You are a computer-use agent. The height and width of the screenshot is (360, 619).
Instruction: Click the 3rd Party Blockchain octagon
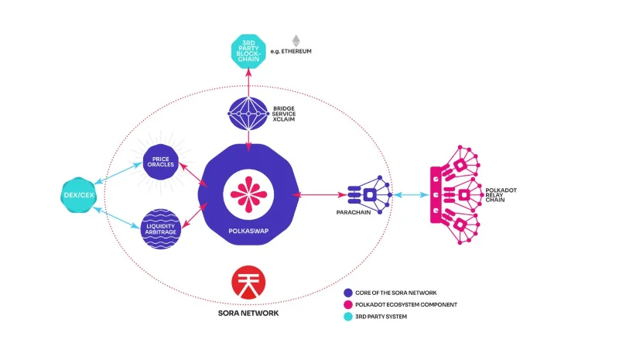[248, 51]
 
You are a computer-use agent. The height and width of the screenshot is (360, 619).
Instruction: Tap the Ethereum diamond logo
[296, 41]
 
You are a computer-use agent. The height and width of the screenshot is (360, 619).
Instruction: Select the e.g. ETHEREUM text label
[291, 51]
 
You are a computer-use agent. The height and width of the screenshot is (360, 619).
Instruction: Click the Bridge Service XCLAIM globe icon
[248, 114]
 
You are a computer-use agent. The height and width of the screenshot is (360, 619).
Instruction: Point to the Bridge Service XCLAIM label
[284, 114]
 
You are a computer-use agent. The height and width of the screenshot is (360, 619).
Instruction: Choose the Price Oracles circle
[161, 162]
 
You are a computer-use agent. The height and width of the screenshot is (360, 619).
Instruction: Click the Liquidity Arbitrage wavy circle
[161, 229]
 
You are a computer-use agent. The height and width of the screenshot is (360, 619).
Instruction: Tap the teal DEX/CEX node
[79, 195]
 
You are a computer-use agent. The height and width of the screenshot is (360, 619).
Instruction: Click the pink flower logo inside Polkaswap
[248, 194]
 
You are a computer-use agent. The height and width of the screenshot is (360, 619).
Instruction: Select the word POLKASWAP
[248, 231]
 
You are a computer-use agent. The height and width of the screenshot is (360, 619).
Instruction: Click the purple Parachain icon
[370, 194]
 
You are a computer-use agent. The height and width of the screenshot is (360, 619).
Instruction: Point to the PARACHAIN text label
[354, 212]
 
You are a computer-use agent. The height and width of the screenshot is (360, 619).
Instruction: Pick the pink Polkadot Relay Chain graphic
[456, 195]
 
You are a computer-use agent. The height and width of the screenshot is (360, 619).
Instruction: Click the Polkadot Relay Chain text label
[501, 195]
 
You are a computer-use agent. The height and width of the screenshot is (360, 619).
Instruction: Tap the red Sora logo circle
[248, 282]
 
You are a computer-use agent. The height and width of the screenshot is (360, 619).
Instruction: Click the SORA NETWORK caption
[248, 314]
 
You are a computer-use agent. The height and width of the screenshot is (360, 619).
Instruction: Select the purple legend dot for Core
[347, 293]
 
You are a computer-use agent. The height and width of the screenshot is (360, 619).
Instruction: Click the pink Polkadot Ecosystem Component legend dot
[347, 305]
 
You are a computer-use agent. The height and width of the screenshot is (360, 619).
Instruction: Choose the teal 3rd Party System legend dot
[347, 317]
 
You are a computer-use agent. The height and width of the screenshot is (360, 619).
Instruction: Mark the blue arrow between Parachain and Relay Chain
[411, 195]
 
